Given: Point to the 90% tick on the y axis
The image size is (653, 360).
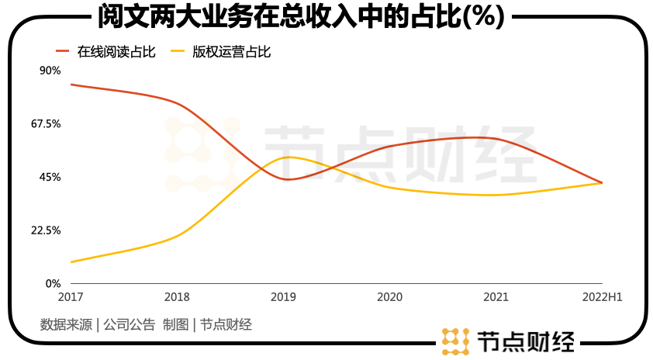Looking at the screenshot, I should (x=50, y=71).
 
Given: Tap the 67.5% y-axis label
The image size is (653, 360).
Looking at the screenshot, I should (x=45, y=123).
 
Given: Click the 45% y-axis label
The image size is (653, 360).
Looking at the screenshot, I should (x=50, y=177).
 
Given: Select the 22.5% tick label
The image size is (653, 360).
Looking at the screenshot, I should (x=45, y=230).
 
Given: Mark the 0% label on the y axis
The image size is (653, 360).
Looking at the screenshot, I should (x=53, y=284).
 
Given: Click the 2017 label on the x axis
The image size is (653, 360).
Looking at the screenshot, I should (x=70, y=297).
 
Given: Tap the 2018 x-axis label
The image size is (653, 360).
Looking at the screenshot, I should (x=177, y=297).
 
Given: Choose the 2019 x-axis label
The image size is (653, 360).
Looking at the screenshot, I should (x=283, y=297).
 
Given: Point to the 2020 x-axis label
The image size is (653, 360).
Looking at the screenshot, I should (x=389, y=297).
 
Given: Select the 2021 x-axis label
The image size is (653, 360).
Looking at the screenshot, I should (x=496, y=297).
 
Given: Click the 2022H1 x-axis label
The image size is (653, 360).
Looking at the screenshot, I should (x=603, y=297).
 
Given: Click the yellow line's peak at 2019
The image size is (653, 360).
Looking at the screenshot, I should (x=287, y=157).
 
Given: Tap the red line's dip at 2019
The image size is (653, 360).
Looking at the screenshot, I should (x=287, y=179).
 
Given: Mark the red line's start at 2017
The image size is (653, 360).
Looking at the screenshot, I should (x=71, y=84).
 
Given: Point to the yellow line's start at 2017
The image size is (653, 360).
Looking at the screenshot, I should (x=71, y=262).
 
